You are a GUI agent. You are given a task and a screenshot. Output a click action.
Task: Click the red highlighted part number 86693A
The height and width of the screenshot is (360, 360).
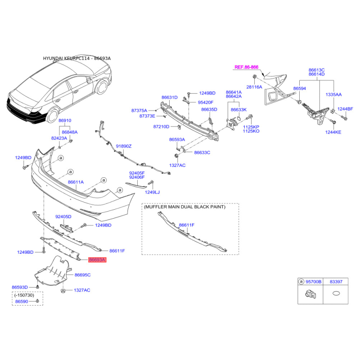point(97,260)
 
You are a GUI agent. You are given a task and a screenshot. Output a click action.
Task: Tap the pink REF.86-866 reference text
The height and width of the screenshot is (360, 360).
point(246,67)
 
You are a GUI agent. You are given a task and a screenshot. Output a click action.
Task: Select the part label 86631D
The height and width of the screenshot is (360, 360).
point(170,97)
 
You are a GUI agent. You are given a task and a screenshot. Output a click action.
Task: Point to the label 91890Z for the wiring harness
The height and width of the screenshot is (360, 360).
point(123,146)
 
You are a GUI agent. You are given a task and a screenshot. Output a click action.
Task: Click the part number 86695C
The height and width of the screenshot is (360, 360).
point(82,275)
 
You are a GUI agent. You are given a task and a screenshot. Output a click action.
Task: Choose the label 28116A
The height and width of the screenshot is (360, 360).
point(254,87)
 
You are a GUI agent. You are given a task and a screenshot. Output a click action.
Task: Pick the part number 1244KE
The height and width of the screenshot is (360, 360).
point(333,132)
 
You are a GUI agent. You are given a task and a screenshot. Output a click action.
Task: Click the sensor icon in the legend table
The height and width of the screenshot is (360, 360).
point(310,294)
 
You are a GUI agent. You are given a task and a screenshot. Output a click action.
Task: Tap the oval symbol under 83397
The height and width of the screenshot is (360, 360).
point(336,293)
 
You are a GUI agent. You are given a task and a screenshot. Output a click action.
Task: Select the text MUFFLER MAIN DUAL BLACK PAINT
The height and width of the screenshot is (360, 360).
point(184,207)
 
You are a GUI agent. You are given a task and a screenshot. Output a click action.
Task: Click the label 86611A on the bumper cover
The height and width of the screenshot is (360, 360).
point(76,182)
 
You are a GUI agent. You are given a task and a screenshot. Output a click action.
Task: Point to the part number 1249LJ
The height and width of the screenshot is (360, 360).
point(152,192)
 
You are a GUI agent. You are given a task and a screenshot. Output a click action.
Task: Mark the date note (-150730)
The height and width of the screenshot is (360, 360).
point(24,295)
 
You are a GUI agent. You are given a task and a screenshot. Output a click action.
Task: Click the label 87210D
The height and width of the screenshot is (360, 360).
point(161,126)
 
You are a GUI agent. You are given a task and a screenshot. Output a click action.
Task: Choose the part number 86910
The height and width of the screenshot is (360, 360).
point(65,120)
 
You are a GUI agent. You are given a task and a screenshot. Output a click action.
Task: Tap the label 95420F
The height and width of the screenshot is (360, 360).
point(206,103)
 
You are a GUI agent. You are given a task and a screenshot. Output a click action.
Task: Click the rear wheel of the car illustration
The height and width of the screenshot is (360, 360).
point(53,116)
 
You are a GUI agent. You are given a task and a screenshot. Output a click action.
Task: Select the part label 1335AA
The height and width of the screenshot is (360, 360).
point(333,94)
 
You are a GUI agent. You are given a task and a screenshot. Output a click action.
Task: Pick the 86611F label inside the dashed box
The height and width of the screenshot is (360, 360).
point(186,225)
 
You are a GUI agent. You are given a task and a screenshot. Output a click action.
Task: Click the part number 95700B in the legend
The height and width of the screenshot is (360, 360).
point(313,282)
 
